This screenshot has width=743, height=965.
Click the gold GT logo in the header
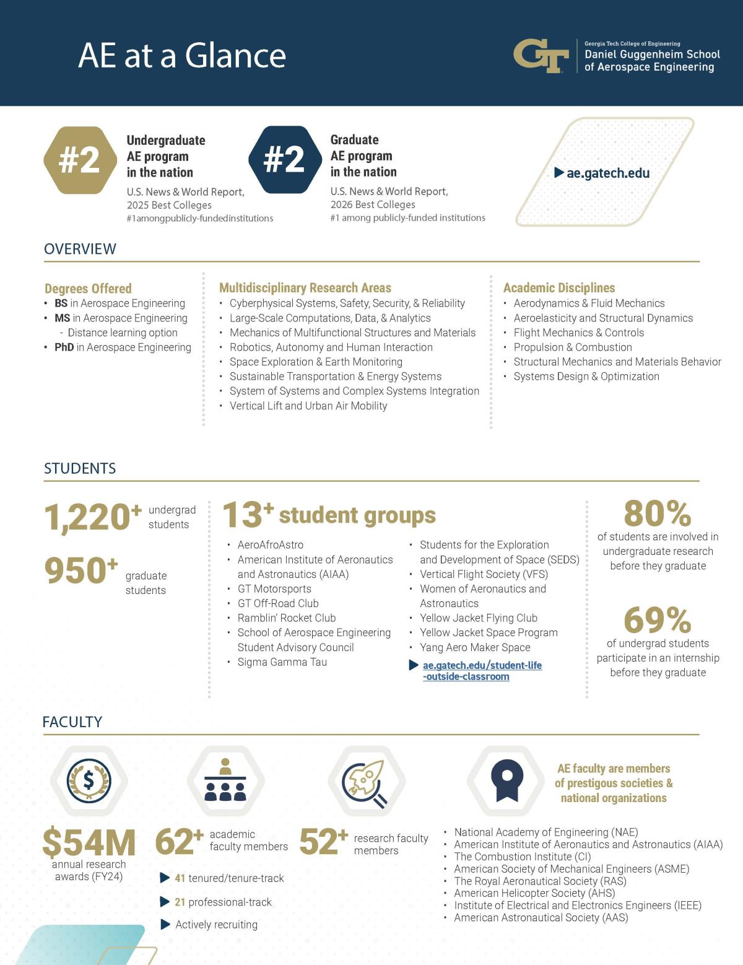[541, 56]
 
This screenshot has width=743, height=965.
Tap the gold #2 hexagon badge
[80, 160]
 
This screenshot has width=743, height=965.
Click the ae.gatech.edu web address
[607, 173]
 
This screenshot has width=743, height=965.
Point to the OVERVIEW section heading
[80, 249]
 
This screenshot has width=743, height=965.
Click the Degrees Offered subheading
[88, 289]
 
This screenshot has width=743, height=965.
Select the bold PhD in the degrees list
[64, 347]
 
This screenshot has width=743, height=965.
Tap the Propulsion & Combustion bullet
[572, 347]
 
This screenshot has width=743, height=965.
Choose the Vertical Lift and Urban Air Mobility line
[308, 406]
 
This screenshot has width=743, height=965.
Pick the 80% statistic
[657, 513]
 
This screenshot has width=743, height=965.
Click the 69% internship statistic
[657, 620]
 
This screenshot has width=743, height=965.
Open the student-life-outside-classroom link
[482, 671]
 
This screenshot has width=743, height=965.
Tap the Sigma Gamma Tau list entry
[282, 662]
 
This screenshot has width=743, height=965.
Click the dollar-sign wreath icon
[89, 781]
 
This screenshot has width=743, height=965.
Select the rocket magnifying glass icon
[365, 782]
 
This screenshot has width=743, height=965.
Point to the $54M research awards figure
[89, 843]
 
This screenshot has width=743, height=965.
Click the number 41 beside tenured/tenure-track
[180, 878]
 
